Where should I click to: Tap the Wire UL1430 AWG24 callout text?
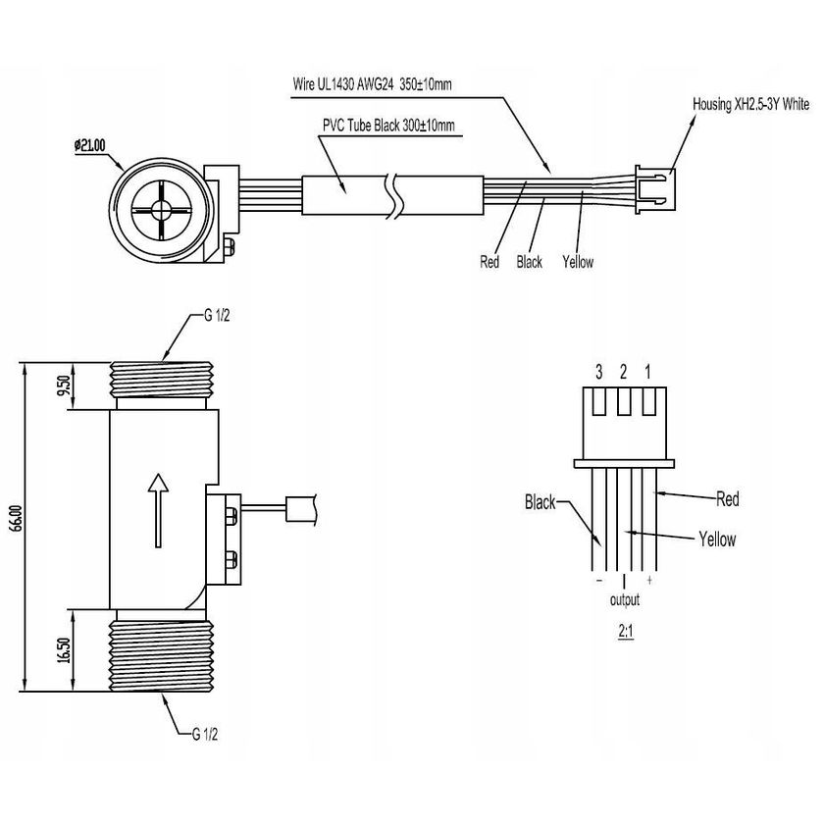pyautogui.click(x=372, y=84)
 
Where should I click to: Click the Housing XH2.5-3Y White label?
pyautogui.click(x=750, y=102)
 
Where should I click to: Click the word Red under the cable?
pyautogui.click(x=489, y=262)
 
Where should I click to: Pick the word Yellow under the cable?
pyautogui.click(x=578, y=262)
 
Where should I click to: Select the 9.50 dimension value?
pyautogui.click(x=62, y=386)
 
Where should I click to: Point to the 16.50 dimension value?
pyautogui.click(x=62, y=649)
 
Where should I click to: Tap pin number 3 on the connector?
pyautogui.click(x=598, y=372)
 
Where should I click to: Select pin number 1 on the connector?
pyautogui.click(x=647, y=372)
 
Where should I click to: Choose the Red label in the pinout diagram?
pyautogui.click(x=727, y=499)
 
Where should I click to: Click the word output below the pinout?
pyautogui.click(x=625, y=600)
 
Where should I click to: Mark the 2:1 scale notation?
pyautogui.click(x=625, y=634)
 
